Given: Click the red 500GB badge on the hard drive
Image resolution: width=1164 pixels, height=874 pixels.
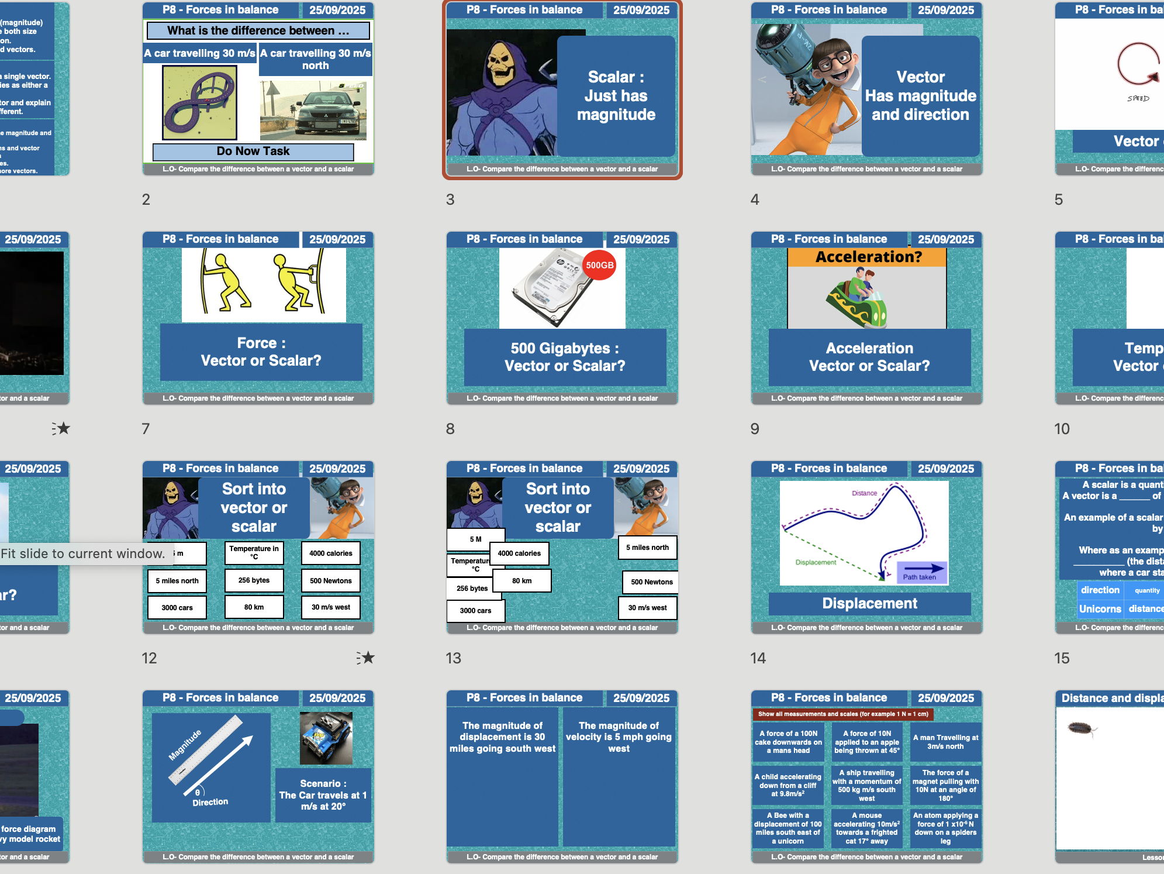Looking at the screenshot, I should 599,265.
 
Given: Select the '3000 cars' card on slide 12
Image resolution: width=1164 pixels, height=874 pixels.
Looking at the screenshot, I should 177,607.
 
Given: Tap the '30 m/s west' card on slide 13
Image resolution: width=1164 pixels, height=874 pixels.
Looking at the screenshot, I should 647,608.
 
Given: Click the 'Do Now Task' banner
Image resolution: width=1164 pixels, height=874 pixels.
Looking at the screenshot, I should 253,152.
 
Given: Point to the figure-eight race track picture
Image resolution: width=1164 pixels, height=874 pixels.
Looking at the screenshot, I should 200,102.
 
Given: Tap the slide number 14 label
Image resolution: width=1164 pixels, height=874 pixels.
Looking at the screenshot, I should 758,658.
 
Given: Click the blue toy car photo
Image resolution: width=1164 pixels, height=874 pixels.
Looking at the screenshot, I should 326,738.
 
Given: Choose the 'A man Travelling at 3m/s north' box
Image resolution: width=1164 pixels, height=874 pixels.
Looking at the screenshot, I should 945,742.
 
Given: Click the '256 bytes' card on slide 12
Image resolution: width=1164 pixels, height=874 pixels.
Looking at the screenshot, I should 254,580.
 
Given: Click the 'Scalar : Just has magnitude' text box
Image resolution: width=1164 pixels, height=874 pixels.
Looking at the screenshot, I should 616,96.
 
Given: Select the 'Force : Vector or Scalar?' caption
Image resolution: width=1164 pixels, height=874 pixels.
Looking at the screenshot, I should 261,352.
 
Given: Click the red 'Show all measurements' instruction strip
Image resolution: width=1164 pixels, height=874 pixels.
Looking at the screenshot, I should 842,714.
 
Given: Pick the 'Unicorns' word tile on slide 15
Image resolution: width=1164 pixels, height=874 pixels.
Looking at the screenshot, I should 1100,608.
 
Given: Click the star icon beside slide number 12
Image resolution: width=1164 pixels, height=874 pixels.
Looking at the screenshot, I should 366,658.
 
